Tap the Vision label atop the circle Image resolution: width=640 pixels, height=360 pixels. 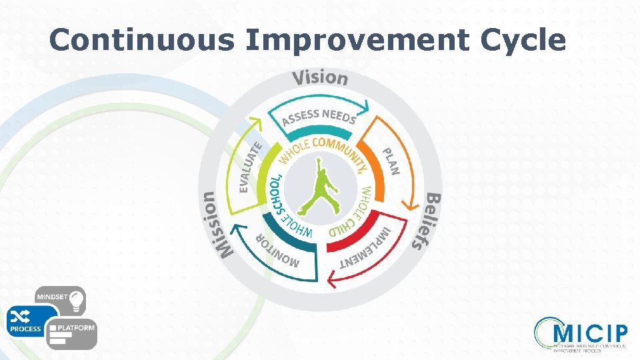coord(320,77)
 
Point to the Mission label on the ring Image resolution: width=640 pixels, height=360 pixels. coord(217,224)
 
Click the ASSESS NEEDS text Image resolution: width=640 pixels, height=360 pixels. coord(319,117)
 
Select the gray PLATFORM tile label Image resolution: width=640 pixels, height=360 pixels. coord(76,328)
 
